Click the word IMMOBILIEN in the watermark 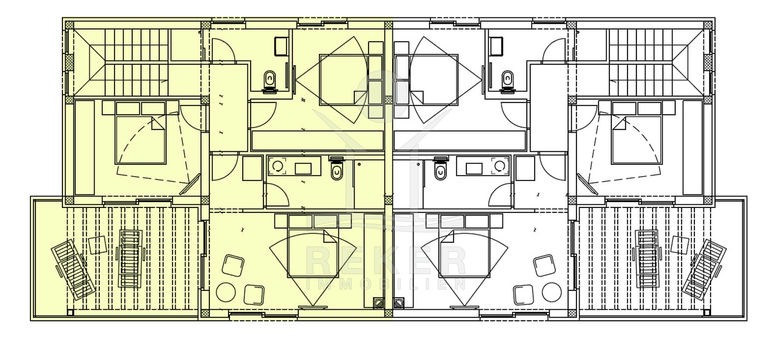point(386,284)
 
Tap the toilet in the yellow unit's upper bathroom point(270,82)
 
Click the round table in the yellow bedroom point(225,292)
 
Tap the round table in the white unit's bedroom point(551,292)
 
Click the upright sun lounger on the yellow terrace point(130,259)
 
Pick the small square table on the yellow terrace point(98,245)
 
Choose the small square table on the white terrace point(680,245)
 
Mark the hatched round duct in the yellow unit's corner point(379,303)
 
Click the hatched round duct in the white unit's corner point(399,303)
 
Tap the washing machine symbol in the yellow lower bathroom point(278,167)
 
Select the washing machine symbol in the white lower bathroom point(500,167)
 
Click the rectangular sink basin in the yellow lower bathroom point(303,169)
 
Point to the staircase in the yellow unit point(122,62)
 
